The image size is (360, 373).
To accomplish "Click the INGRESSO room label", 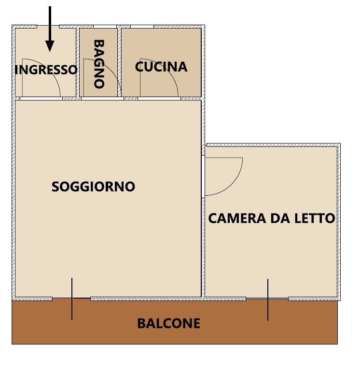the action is [x=46, y=70].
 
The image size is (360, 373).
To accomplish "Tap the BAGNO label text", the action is [x=99, y=64].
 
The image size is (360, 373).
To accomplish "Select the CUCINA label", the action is [x=161, y=67].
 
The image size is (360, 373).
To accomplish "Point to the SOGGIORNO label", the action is [x=94, y=186].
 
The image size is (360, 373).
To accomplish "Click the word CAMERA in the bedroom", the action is [x=237, y=218].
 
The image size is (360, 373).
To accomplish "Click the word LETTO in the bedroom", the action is [x=315, y=218].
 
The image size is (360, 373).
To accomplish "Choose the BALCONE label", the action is [x=169, y=323].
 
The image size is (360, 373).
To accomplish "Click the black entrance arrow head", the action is [x=50, y=46].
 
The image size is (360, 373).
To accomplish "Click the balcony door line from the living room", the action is [x=72, y=299].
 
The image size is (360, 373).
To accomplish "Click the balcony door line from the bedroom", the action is [x=268, y=300].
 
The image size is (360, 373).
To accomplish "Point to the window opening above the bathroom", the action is [x=105, y=27].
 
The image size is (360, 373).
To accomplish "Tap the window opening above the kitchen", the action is [x=142, y=27].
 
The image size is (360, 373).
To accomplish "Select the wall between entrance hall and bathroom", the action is [x=78, y=62].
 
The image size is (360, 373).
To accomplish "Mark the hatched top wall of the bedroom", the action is [x=274, y=145].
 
